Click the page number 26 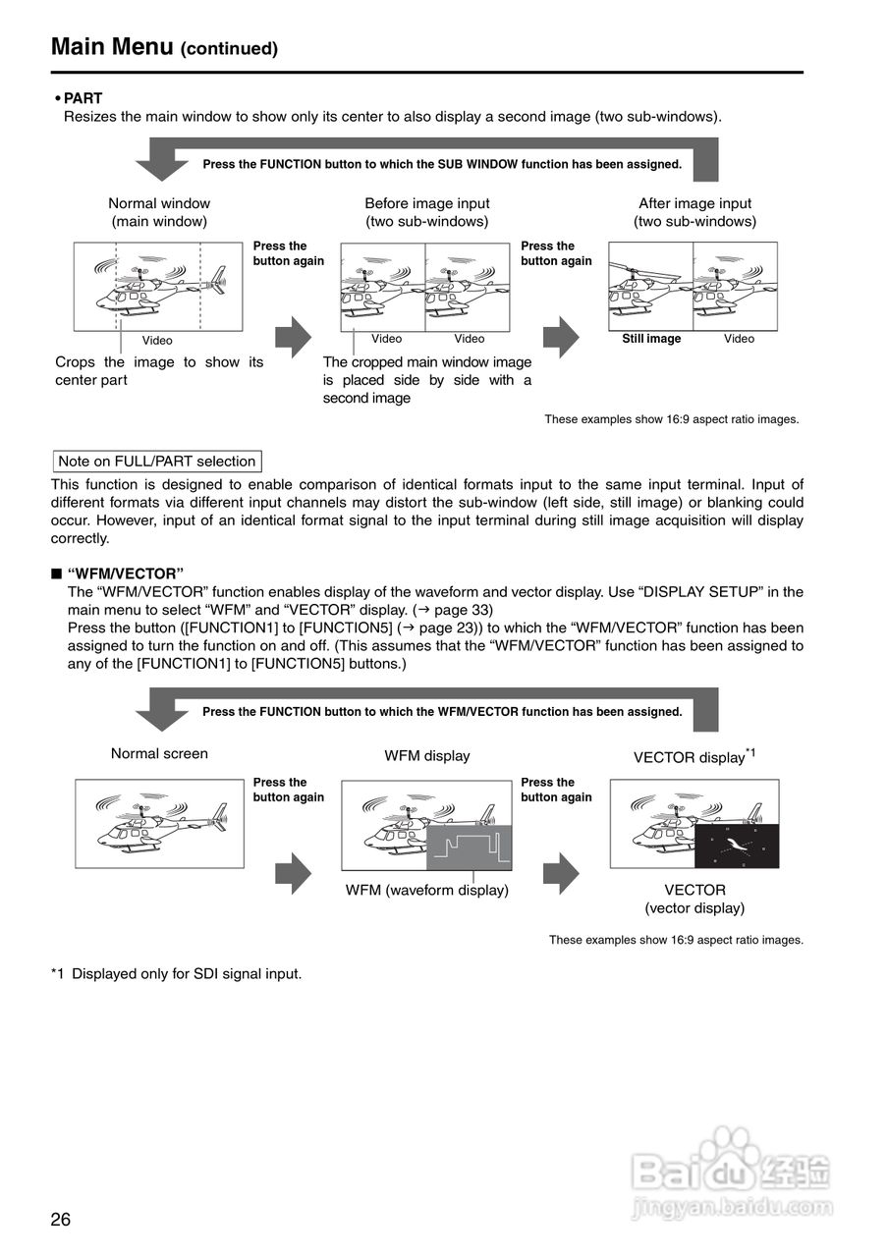point(61,1220)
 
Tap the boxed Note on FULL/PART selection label point(157,462)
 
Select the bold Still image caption point(651,339)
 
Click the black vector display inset point(737,846)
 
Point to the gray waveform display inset point(470,847)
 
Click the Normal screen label point(159,754)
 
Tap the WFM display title point(427,756)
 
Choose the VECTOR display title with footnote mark point(694,757)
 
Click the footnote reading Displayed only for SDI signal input point(177,974)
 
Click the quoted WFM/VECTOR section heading point(126,574)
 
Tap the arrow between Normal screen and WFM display point(293,871)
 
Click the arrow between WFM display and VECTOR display point(561,871)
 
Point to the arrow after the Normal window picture point(293,338)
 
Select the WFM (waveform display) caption point(427,891)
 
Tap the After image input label point(694,203)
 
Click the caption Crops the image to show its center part point(159,371)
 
